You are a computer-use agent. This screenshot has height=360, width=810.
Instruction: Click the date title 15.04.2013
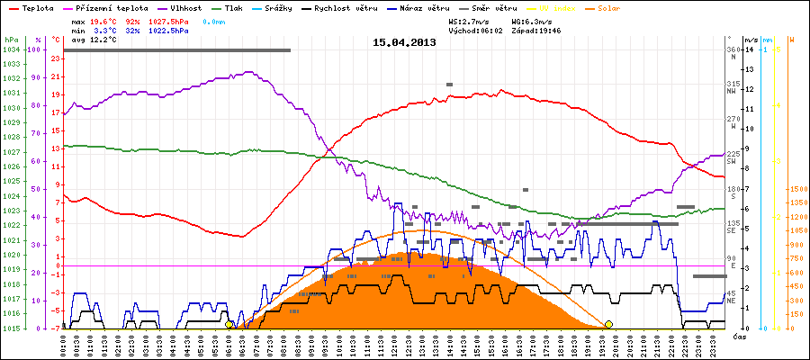coord(404,41)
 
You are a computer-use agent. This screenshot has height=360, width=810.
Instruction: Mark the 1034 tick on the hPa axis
coord(11,49)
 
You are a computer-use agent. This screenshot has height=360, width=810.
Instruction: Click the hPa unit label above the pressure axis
coord(10,40)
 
